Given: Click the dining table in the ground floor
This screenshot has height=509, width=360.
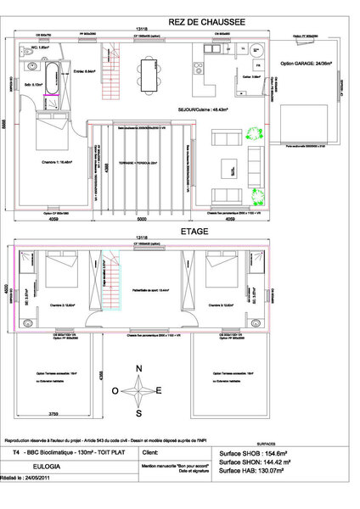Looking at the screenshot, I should click(x=150, y=70).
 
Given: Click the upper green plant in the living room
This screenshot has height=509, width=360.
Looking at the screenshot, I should click(x=253, y=134).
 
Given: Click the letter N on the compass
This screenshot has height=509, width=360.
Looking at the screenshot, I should click(x=138, y=369).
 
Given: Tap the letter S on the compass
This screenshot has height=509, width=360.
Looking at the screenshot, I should click(x=138, y=413).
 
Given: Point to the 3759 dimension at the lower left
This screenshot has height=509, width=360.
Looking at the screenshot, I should click(x=53, y=414).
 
